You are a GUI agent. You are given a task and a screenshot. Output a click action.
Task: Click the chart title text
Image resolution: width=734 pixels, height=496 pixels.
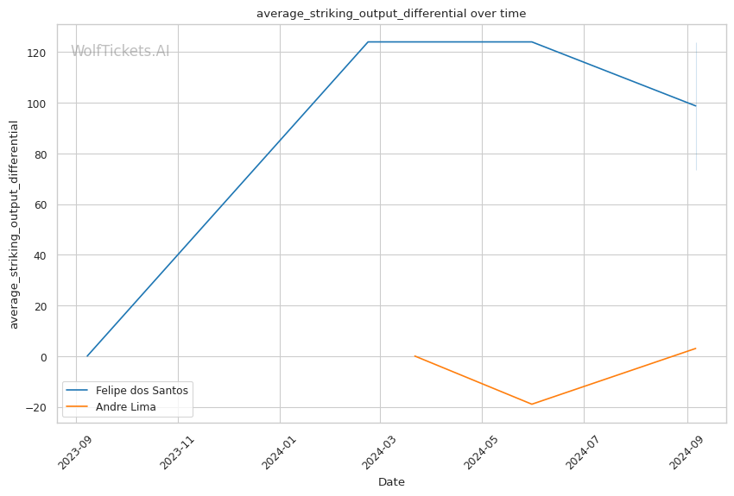391,14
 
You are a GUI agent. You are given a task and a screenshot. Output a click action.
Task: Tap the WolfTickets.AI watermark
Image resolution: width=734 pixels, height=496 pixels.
120,51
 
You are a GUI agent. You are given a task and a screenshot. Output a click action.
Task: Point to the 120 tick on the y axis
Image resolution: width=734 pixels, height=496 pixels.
36,53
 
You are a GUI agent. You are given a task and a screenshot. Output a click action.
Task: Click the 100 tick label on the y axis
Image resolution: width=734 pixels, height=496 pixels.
36,104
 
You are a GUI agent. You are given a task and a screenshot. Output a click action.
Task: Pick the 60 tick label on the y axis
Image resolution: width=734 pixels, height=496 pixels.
41,204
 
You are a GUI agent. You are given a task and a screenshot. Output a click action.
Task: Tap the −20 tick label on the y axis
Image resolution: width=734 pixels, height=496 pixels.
35,408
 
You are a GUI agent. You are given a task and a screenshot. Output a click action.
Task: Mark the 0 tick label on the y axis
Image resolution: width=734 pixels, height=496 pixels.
43,357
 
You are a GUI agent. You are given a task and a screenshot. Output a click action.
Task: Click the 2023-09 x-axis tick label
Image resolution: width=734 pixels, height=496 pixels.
74,453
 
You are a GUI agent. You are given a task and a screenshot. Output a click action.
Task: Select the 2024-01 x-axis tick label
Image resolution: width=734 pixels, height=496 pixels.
278,453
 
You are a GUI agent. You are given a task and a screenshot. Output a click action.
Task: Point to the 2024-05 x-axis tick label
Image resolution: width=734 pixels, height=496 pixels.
480,453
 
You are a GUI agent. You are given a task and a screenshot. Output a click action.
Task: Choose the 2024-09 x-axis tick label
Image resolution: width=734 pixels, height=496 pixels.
686,453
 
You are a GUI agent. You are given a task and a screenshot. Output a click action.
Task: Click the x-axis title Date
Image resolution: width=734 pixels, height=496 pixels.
391,482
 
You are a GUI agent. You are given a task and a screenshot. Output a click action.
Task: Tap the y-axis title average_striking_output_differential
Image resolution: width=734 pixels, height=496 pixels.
14,225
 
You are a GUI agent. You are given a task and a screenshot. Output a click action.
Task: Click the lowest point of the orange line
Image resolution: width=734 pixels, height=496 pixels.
532,404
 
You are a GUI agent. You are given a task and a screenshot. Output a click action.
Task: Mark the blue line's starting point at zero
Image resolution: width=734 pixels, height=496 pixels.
87,356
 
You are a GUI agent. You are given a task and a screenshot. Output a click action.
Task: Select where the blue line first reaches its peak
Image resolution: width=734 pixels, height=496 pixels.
368,42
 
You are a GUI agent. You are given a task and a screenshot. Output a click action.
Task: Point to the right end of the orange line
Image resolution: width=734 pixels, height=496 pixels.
696,348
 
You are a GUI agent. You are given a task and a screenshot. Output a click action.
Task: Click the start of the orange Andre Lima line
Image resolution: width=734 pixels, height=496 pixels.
414,356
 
